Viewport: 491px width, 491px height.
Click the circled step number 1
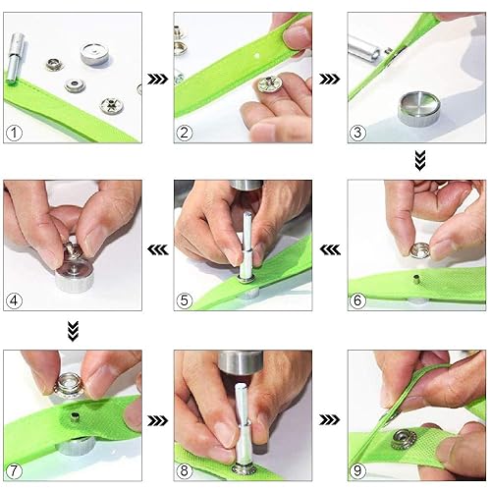(14, 134)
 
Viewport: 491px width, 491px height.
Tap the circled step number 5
(185, 300)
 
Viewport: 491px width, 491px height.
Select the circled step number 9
(357, 471)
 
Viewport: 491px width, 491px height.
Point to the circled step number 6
(357, 300)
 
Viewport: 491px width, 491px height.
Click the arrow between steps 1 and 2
(157, 79)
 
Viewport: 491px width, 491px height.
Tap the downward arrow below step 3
(420, 160)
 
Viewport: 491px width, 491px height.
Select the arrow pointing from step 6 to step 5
(330, 250)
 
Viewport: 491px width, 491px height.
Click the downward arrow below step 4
(73, 331)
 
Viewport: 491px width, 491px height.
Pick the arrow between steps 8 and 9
(329, 420)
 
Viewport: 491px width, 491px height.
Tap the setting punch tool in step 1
(15, 58)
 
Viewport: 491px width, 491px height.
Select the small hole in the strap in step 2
(256, 56)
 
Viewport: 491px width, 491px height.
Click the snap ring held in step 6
(420, 250)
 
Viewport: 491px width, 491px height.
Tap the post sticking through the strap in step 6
(416, 280)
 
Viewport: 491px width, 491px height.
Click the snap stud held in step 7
(69, 386)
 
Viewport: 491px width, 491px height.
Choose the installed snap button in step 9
(403, 439)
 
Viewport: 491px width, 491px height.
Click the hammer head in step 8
(241, 361)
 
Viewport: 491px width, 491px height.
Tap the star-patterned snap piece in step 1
(112, 105)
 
